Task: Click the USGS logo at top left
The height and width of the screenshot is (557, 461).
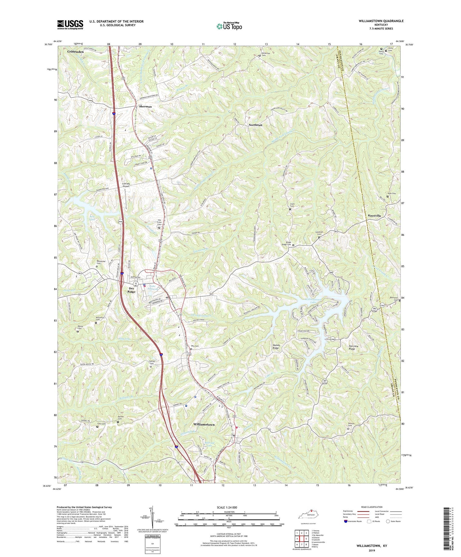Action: pyautogui.click(x=70, y=25)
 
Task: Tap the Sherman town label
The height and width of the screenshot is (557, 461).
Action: pyautogui.click(x=145, y=107)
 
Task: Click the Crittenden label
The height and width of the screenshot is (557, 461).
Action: pyautogui.click(x=75, y=52)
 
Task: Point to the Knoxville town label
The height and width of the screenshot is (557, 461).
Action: pyautogui.click(x=374, y=216)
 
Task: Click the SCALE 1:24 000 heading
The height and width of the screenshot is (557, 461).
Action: pyautogui.click(x=229, y=508)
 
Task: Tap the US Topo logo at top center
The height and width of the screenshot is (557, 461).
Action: pyautogui.click(x=229, y=26)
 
